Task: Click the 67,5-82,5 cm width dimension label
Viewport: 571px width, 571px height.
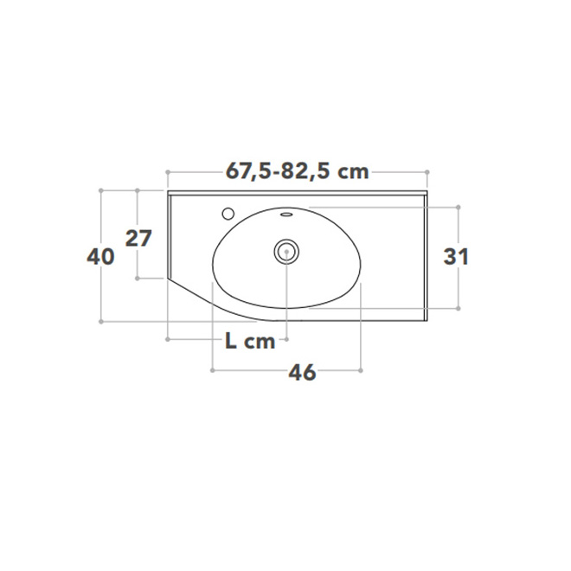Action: click(297, 171)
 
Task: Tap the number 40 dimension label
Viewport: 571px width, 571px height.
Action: click(100, 256)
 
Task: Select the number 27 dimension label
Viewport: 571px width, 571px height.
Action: click(138, 239)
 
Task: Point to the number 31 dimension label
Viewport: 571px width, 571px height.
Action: click(456, 256)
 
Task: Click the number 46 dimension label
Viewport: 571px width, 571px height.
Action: click(302, 373)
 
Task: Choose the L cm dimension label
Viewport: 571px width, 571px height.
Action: click(250, 341)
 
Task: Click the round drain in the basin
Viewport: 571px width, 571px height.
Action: click(286, 251)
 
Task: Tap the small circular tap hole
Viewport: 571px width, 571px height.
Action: click(228, 214)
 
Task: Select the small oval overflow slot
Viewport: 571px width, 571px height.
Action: click(286, 215)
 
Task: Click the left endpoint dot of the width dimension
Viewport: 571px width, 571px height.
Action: click(168, 172)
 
